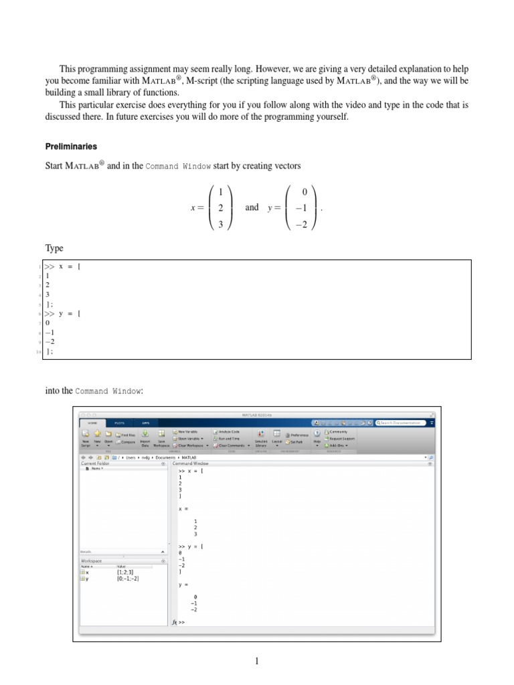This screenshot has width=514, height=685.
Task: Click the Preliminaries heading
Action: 71,146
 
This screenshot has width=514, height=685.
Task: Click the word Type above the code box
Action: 54,248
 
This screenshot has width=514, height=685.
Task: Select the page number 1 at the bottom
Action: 256,662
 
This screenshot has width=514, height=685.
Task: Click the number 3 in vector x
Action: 220,224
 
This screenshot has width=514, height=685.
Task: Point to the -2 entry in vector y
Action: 303,224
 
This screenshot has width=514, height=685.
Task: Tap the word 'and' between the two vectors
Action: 252,207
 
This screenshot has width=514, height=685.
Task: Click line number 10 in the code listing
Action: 39,351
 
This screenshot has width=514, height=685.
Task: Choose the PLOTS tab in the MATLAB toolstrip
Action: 118,423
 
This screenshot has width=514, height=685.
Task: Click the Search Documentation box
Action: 402,423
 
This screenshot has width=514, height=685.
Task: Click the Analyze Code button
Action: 228,432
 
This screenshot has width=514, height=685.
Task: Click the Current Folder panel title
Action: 94,463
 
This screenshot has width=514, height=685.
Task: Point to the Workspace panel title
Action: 92,561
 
